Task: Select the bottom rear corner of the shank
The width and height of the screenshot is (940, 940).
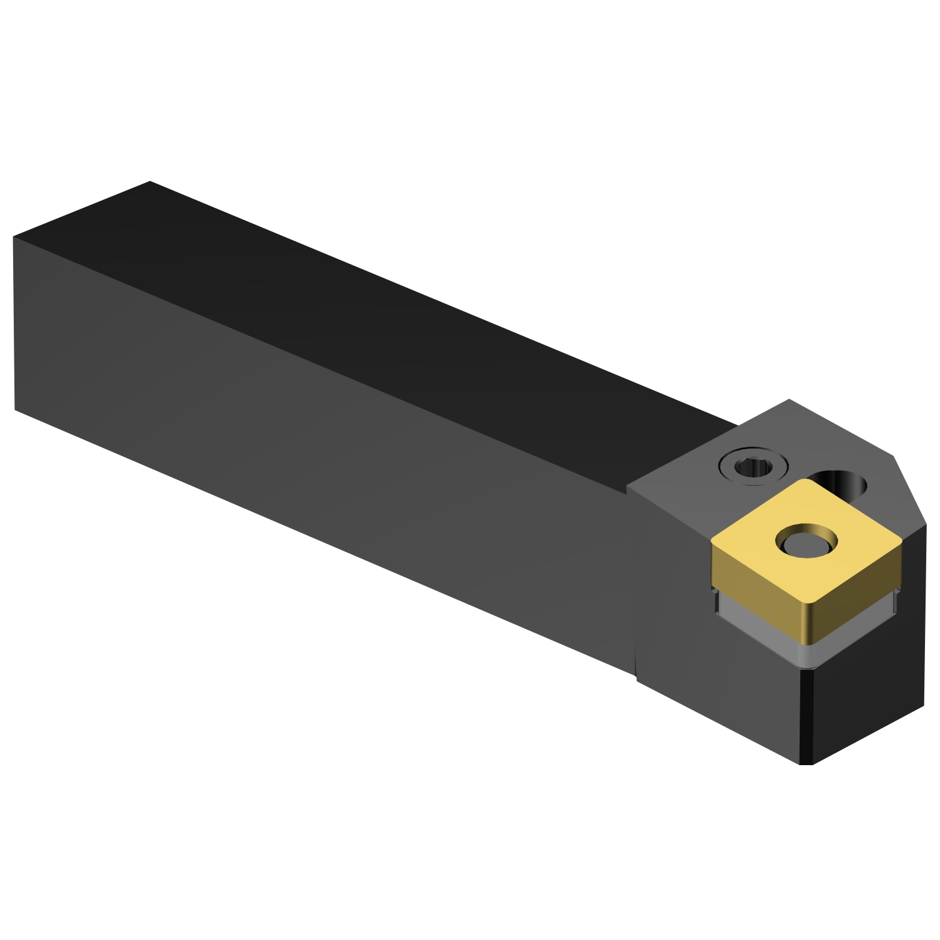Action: coord(15,410)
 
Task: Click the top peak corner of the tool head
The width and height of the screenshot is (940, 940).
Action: coord(789,399)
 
